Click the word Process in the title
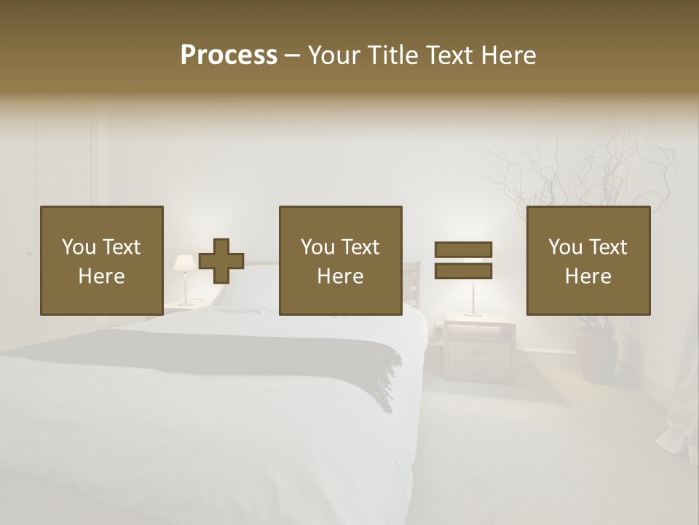click(x=229, y=55)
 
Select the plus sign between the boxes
click(x=221, y=261)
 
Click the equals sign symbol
click(x=463, y=260)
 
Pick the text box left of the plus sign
click(x=102, y=261)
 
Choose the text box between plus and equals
click(x=341, y=261)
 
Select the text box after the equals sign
click(x=588, y=261)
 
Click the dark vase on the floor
click(x=597, y=354)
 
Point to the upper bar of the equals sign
click(x=463, y=249)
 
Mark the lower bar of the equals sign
click(x=463, y=271)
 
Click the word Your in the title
click(x=334, y=55)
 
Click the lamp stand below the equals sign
click(x=473, y=299)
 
